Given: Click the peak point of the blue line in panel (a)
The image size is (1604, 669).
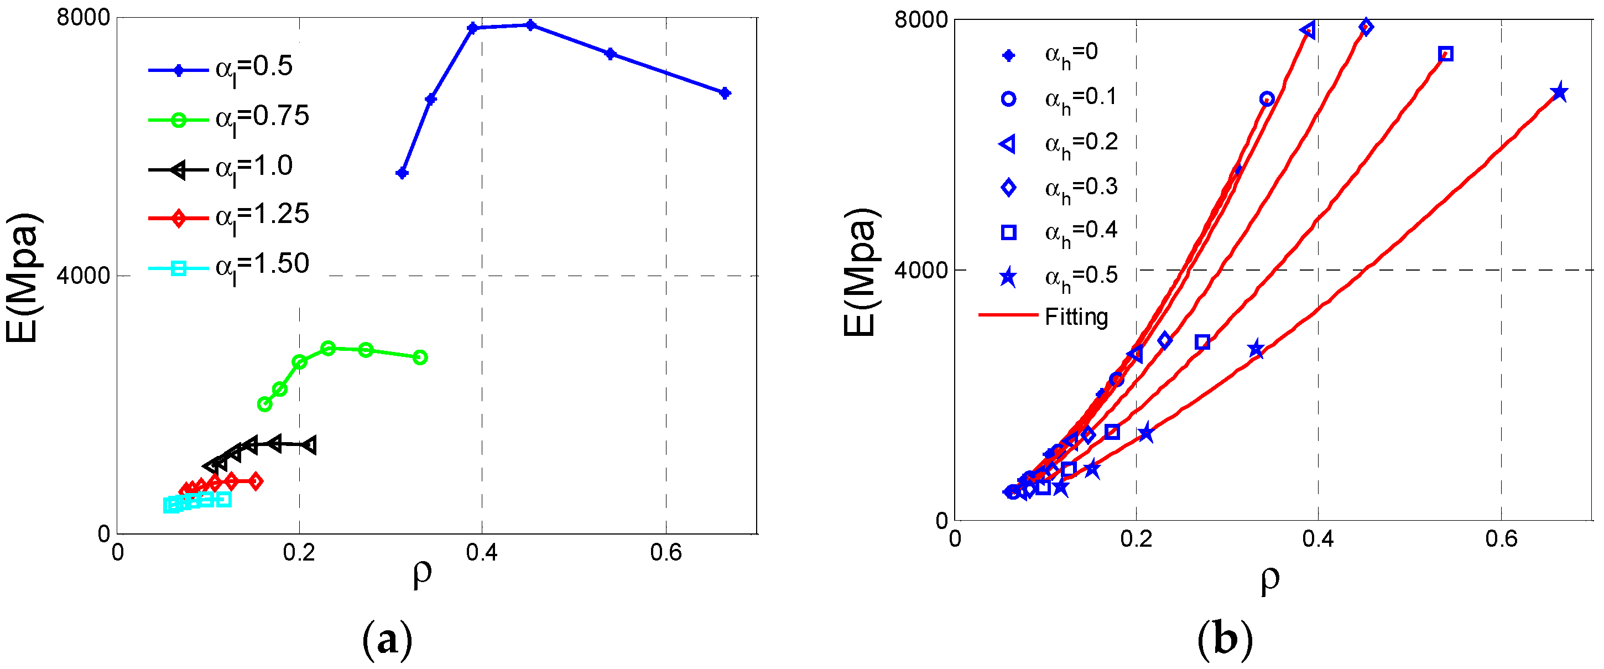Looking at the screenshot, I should tap(530, 25).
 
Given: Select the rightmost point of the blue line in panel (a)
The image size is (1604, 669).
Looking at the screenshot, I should tap(725, 94).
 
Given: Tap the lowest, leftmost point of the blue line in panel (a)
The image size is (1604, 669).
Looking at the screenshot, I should tap(402, 173).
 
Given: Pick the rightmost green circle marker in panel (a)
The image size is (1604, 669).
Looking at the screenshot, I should tap(420, 357).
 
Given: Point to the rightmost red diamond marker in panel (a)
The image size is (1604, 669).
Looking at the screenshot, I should tap(254, 481).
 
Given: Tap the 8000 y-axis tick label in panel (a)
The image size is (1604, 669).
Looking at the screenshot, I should tap(83, 18).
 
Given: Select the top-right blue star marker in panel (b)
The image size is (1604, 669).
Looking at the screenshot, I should tap(1559, 92).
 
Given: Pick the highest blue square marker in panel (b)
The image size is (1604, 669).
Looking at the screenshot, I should tap(1446, 54).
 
